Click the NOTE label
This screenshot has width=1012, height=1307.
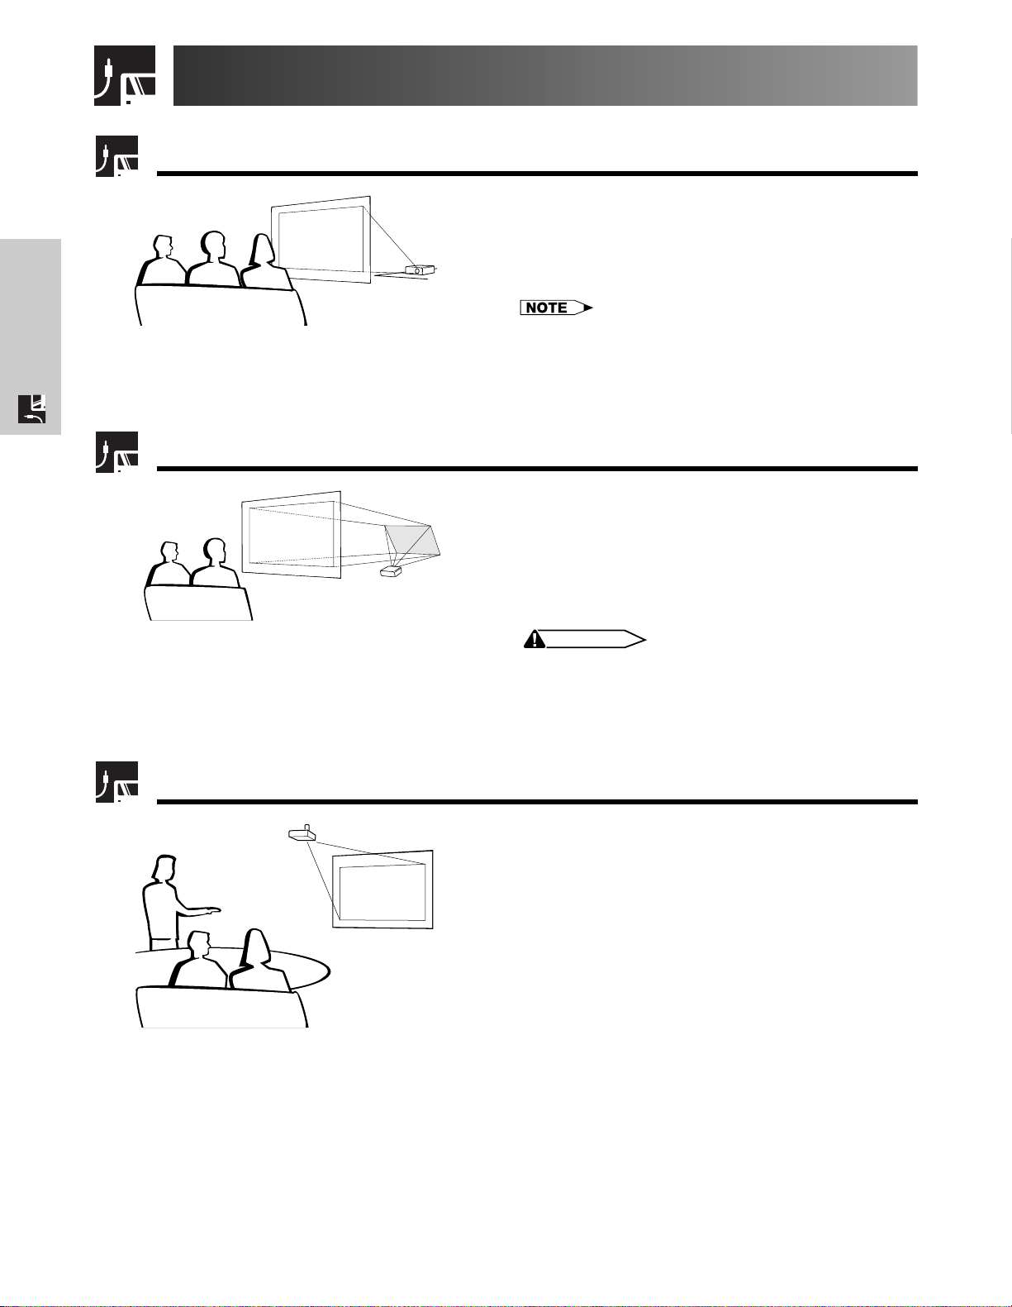tap(556, 308)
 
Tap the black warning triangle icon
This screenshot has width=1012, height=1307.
tap(534, 639)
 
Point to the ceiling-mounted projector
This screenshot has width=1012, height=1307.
tap(302, 833)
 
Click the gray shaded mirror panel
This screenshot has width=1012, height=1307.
tap(413, 541)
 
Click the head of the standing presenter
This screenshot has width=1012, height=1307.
tap(164, 868)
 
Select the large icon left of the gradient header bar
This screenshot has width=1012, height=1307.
tap(125, 75)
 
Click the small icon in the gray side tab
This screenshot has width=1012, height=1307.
tap(32, 409)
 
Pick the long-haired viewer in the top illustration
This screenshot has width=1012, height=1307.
tap(266, 261)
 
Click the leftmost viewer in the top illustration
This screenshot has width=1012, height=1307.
tap(161, 260)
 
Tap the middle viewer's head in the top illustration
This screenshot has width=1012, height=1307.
tap(213, 245)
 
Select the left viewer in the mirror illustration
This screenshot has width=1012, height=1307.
tap(169, 564)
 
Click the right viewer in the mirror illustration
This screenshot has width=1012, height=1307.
tap(214, 562)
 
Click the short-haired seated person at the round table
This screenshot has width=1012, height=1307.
tap(197, 960)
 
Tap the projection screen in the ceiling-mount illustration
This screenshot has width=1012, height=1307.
tap(382, 889)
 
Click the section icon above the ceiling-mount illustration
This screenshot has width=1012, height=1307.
tap(116, 782)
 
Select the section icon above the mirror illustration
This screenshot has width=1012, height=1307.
tap(116, 451)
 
